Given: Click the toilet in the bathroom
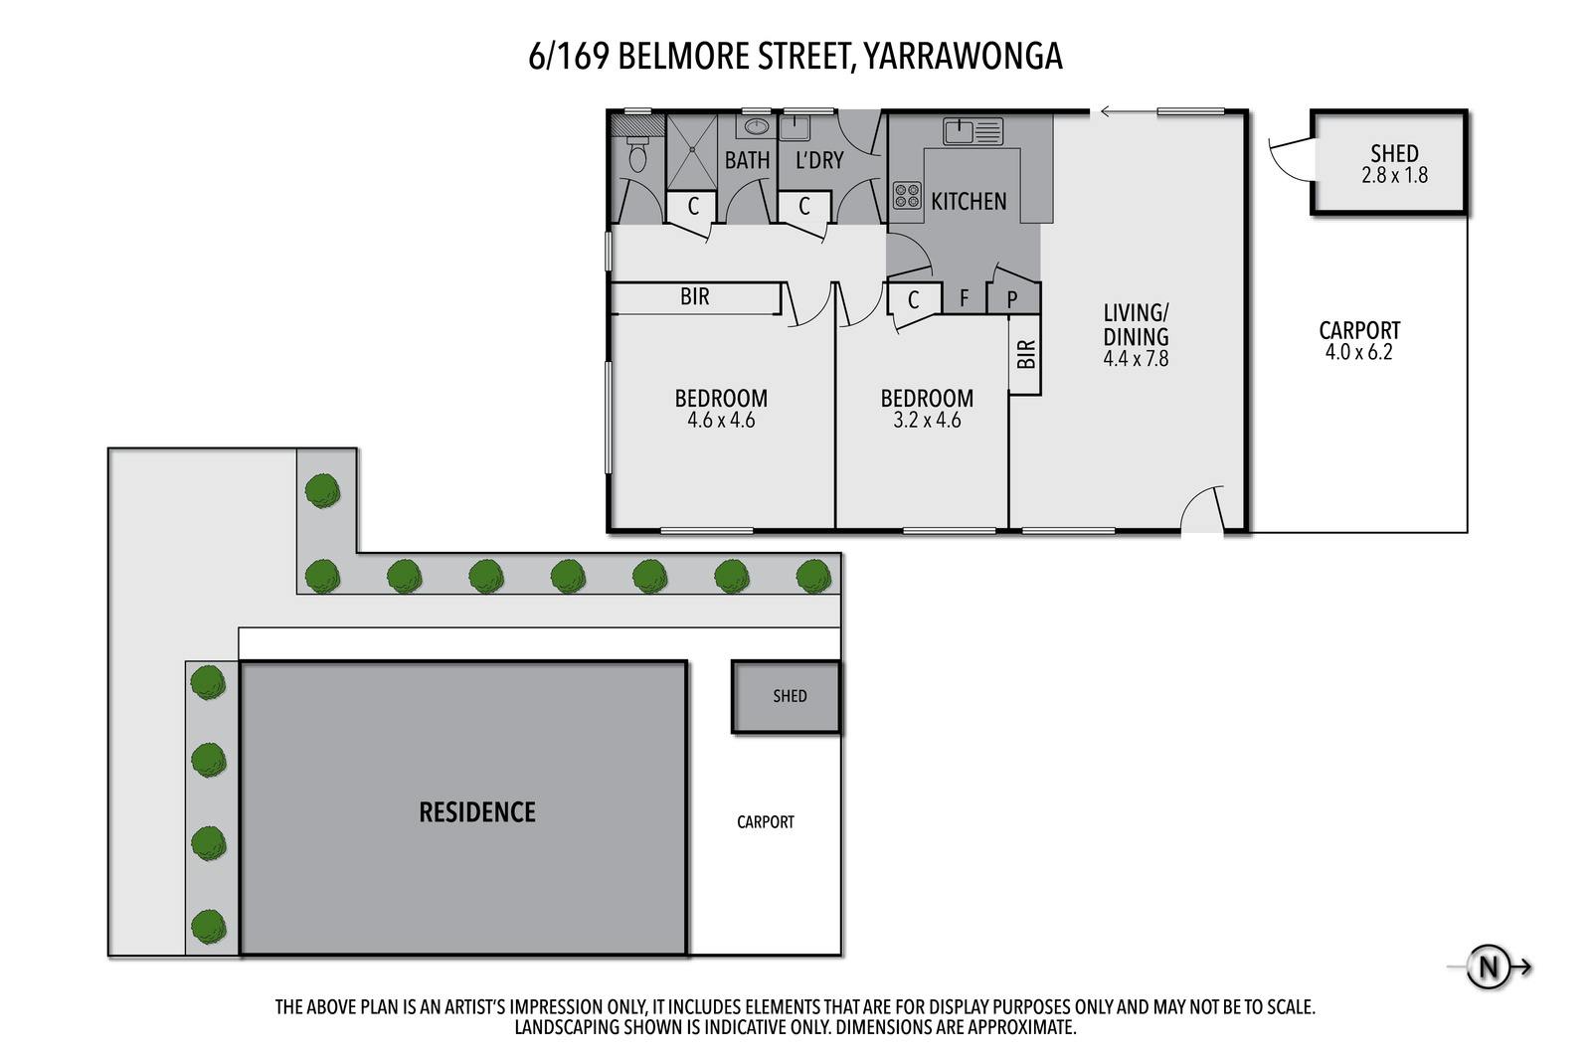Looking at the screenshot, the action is pos(637,154).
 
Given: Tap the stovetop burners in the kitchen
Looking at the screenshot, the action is pos(907,195).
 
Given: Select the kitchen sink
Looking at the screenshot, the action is pos(972,131).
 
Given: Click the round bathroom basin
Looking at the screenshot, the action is pos(756,127).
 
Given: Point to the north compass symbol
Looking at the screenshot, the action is pos(1488,967).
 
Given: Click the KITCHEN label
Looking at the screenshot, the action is pos(969,202).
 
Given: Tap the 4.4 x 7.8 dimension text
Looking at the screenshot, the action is pos(1135,359).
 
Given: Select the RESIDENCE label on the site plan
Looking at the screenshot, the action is pos(477,811).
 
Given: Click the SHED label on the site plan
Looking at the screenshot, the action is pos(790,696).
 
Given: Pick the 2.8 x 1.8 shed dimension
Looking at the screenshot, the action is pos(1394,175).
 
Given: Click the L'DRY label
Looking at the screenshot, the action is pos(819,160).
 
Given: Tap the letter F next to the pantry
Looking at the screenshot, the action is pos(964,298).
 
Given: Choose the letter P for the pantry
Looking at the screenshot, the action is pos(1012,299).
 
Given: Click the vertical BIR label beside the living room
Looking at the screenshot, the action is pos(1025,354).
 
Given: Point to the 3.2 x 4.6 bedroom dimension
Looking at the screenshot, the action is pos(927,421).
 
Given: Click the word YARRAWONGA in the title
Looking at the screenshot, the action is pos(964,57).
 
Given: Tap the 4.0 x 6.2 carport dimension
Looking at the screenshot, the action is pos(1358,352).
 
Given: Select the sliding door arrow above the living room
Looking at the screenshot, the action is pos(1129,111).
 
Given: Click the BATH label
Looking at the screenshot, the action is pos(747,160).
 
